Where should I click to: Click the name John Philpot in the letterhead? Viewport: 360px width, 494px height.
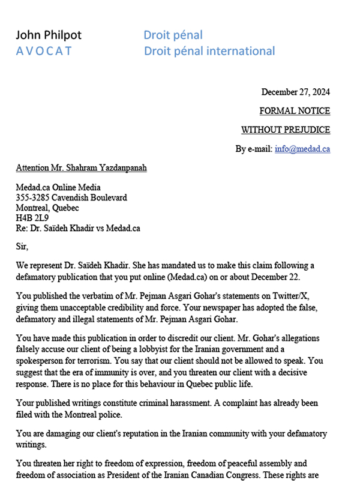49,35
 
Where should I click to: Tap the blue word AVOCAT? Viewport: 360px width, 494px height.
44,51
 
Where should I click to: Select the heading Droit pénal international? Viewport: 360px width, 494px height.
209,51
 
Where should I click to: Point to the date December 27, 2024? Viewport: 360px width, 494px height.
296,92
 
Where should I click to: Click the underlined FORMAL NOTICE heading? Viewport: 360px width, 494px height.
295,111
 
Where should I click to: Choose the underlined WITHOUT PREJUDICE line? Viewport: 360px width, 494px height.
286,130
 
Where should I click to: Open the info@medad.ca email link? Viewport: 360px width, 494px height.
302,149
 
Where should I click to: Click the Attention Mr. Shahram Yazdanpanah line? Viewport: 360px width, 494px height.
82,167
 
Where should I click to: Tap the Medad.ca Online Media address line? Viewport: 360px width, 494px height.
59,187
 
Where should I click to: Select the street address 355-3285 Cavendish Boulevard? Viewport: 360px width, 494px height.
71,197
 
